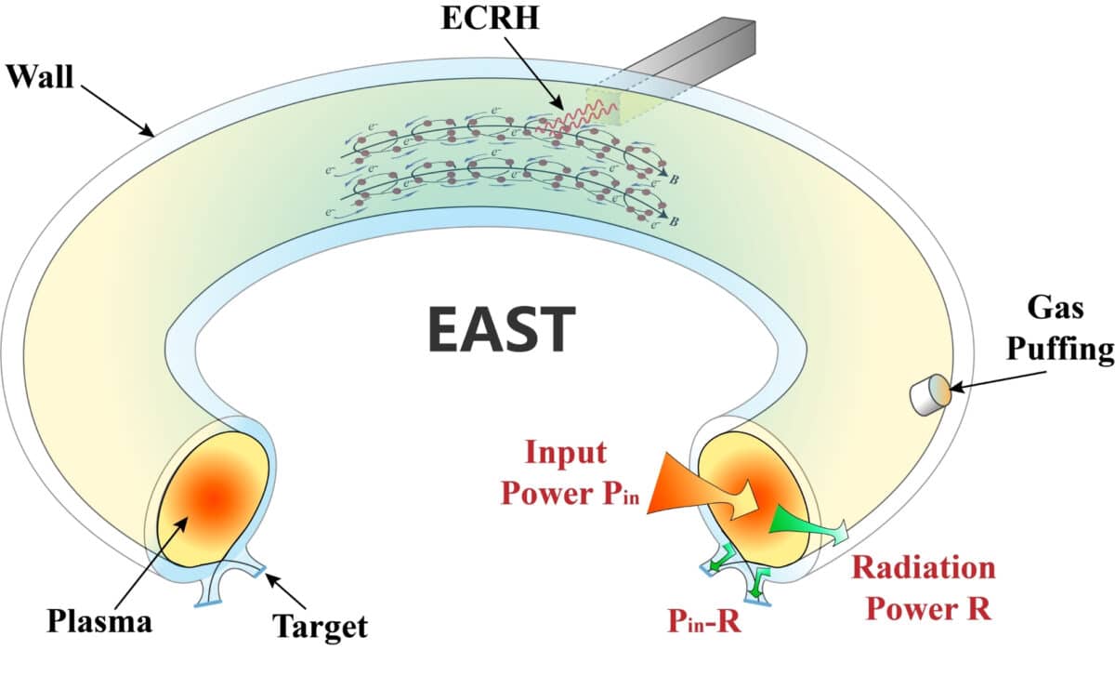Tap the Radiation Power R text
[x=923, y=588]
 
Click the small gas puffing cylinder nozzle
[x=926, y=395]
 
